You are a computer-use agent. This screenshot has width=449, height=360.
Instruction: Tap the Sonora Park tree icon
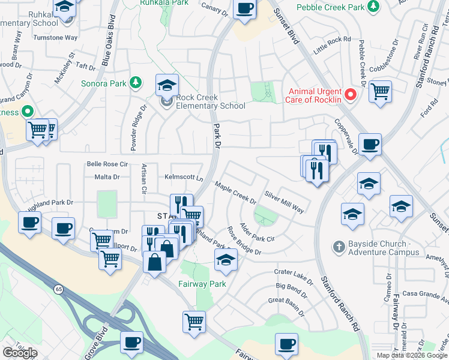tap(136, 83)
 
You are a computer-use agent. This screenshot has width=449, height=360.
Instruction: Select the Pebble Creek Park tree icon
tap(374, 7)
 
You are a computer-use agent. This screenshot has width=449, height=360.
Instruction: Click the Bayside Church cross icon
tap(339, 247)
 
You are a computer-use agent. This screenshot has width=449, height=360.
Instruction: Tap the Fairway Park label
tap(202, 284)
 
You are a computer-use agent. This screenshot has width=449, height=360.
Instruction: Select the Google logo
tap(20, 353)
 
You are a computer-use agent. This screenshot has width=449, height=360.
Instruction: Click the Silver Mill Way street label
tap(285, 202)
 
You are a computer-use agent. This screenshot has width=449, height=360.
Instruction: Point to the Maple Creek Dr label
tap(236, 193)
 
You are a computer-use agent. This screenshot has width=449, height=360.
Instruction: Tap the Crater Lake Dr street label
tap(291, 275)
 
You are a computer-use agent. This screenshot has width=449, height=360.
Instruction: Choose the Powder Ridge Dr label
tap(134, 128)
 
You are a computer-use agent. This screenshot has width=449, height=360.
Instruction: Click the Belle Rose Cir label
tap(108, 164)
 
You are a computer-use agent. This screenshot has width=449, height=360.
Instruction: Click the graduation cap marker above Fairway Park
tap(226, 259)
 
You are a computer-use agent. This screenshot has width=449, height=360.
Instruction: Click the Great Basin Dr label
tap(287, 301)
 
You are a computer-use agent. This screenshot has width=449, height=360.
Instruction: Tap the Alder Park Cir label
tap(257, 233)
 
